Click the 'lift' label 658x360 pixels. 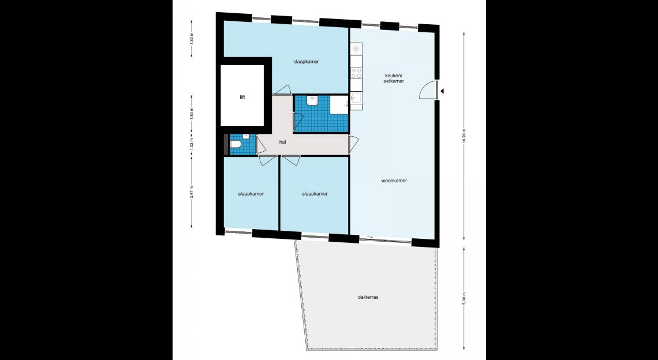click(x=242, y=97)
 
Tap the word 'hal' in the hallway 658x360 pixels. click(x=283, y=142)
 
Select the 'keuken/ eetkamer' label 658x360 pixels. click(x=394, y=78)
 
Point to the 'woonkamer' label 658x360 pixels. click(x=394, y=181)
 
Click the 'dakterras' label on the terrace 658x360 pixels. click(x=368, y=297)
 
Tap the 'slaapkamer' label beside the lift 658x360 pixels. click(x=306, y=62)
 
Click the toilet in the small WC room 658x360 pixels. click(x=235, y=145)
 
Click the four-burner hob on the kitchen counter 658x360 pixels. click(x=356, y=73)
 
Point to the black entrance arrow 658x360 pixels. click(x=442, y=91)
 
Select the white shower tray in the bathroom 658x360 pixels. click(x=339, y=105)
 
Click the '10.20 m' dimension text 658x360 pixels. click(x=463, y=136)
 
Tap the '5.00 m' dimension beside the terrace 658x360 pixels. click(x=463, y=298)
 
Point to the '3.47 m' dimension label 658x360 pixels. click(x=192, y=191)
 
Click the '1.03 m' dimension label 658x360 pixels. click(x=192, y=145)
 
